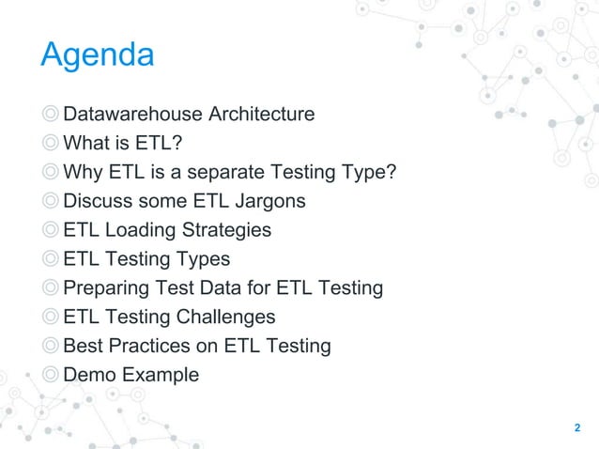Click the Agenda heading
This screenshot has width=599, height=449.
click(x=97, y=54)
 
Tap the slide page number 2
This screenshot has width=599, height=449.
click(x=577, y=428)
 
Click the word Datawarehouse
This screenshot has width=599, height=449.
click(x=132, y=115)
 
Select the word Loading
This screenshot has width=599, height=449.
click(x=140, y=230)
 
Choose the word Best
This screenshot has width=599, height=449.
click(x=83, y=346)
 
